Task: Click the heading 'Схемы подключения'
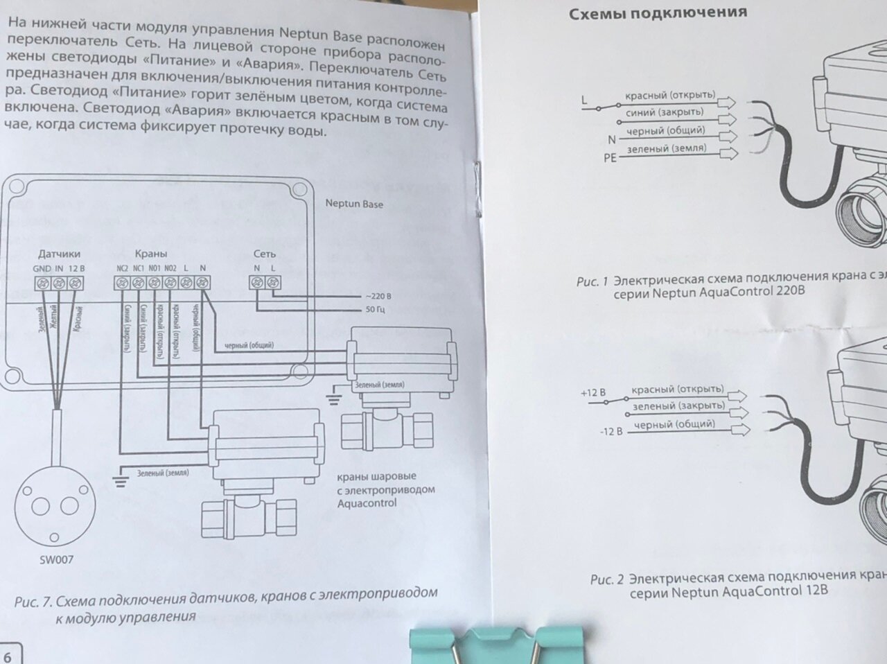click(658, 12)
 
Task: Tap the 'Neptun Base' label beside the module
click(354, 204)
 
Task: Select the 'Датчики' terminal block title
click(59, 254)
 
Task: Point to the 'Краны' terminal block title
click(150, 254)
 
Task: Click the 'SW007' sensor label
click(56, 559)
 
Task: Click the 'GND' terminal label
click(42, 268)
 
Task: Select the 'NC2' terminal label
click(122, 268)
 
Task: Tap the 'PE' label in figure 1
click(610, 158)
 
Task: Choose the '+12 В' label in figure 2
click(593, 393)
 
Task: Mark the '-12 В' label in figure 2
click(611, 431)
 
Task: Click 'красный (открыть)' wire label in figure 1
click(669, 95)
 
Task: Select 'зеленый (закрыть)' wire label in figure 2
click(678, 405)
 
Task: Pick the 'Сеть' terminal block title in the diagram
click(264, 254)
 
